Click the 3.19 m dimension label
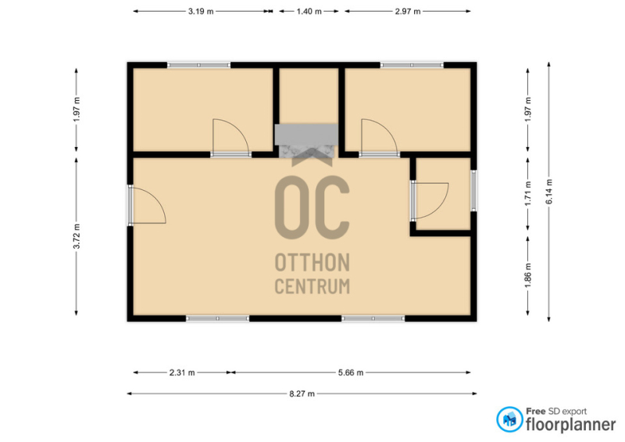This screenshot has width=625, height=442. (x=201, y=12)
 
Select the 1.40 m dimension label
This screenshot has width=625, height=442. (x=309, y=12)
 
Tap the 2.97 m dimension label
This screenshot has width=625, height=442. (x=407, y=12)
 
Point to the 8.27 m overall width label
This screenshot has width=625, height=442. (x=302, y=393)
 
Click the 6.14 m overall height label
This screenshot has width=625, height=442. (x=549, y=192)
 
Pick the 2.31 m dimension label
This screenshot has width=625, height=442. (x=182, y=372)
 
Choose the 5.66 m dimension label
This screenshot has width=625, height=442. (x=351, y=372)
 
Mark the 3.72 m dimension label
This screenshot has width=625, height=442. (x=77, y=236)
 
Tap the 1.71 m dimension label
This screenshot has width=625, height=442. (x=528, y=194)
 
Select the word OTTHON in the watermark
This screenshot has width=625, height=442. (x=312, y=262)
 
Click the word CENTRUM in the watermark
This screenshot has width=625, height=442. (x=312, y=286)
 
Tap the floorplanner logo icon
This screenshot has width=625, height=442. (x=509, y=419)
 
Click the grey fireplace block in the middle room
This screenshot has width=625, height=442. (x=306, y=135)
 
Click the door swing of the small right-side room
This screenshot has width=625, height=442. (x=438, y=207)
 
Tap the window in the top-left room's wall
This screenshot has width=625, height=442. (x=198, y=65)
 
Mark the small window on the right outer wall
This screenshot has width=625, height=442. (x=473, y=190)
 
